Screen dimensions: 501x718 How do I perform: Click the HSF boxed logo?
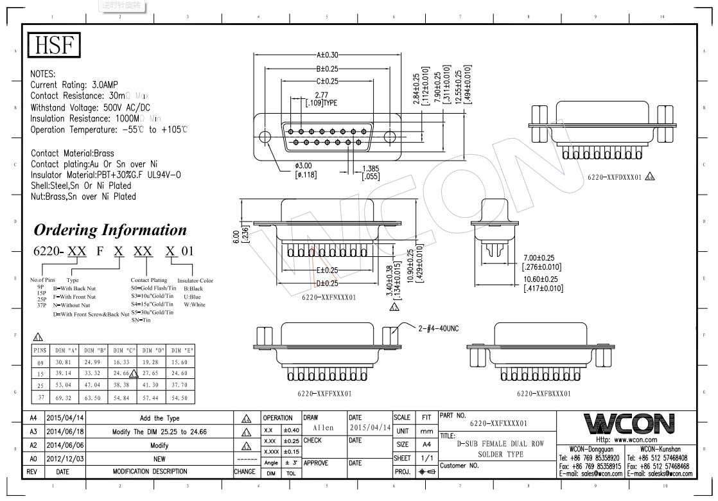[54, 46]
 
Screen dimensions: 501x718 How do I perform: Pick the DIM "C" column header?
[121, 350]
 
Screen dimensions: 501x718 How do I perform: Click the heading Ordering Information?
[110, 230]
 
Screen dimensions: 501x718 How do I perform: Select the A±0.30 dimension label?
[328, 55]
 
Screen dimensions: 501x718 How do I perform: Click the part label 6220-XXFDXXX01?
[613, 177]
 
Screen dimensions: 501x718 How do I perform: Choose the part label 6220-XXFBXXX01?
[543, 393]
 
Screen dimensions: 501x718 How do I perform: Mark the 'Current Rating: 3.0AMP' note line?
[74, 85]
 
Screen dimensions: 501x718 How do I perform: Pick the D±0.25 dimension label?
[326, 283]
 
